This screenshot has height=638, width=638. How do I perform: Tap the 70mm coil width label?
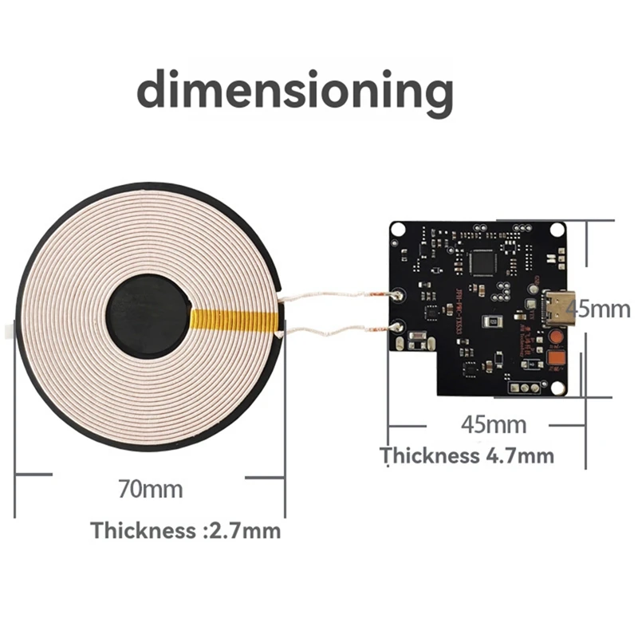click(x=150, y=488)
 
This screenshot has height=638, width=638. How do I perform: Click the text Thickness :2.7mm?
click(x=186, y=530)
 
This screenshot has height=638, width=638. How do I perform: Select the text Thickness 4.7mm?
click(x=467, y=456)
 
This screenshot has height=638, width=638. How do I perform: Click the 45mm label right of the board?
click(x=601, y=309)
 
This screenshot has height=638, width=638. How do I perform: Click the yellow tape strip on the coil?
click(x=238, y=321)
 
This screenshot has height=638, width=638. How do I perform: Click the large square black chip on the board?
click(x=484, y=260)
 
